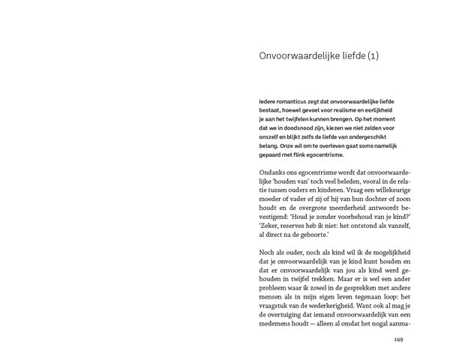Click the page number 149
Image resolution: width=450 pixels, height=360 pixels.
399,339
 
